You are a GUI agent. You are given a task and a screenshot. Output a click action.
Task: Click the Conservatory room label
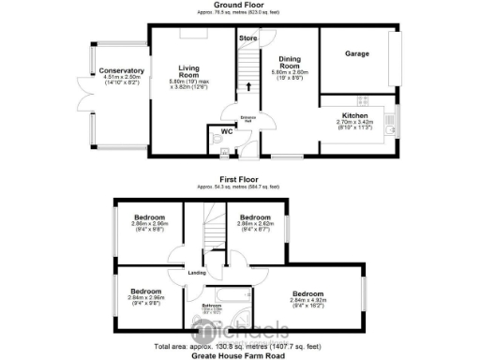[x=122, y=70]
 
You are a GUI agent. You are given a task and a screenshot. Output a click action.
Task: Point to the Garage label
[x=357, y=54]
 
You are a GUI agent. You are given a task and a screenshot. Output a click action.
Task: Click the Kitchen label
[x=354, y=115]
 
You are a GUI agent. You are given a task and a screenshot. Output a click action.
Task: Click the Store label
[x=247, y=38]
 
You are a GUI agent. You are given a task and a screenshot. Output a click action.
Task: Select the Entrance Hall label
[x=248, y=119]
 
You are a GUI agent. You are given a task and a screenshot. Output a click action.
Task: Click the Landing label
[x=197, y=273]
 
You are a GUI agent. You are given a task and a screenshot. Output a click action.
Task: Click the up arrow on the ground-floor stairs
[x=248, y=87]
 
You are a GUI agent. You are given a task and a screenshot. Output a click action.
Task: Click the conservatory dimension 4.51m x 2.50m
[x=122, y=80]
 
